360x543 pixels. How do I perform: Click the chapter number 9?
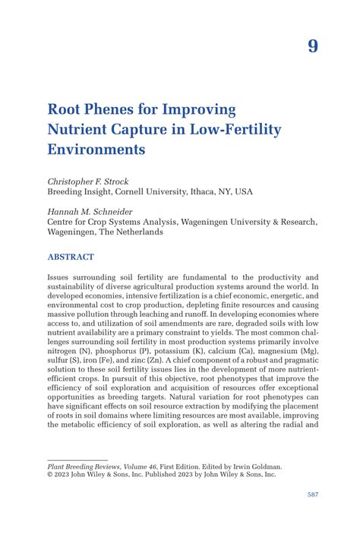[313, 46]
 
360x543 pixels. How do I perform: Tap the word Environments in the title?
[96, 150]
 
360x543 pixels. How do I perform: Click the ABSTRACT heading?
[71, 257]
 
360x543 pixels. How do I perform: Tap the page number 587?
[312, 494]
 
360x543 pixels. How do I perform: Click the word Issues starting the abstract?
[61, 279]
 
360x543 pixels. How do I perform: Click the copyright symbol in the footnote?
[50, 475]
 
